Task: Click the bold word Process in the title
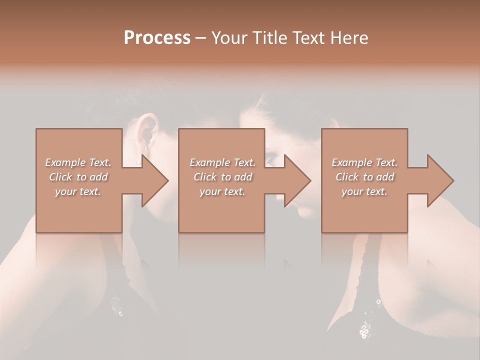click(x=157, y=38)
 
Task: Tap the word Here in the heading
click(x=348, y=38)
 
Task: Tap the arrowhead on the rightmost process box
click(x=439, y=180)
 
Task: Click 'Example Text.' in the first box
click(x=78, y=162)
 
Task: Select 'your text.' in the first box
click(x=78, y=191)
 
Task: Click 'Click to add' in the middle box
click(x=222, y=177)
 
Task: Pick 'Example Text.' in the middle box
click(x=222, y=162)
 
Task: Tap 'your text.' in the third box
click(x=364, y=191)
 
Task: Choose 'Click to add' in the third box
click(x=364, y=177)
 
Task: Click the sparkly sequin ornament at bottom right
click(x=365, y=328)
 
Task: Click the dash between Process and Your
click(x=201, y=38)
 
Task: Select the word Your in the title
click(x=228, y=38)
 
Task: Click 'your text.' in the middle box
click(x=222, y=191)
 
